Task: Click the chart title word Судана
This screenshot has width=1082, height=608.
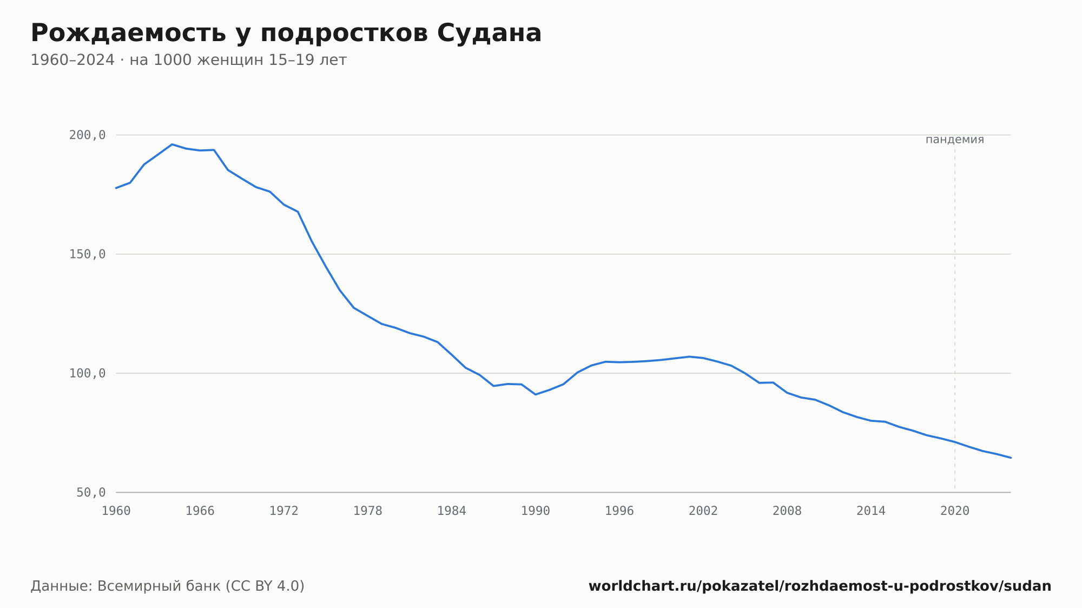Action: pos(489,33)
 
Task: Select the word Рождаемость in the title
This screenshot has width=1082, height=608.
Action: pos(128,34)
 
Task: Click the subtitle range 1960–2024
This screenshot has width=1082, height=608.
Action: pos(72,60)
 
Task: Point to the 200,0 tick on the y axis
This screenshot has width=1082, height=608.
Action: pos(87,135)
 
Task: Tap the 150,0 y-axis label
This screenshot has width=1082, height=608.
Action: pos(87,254)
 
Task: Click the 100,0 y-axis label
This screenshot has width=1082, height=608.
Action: pos(87,373)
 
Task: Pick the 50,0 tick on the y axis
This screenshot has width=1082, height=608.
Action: pos(91,492)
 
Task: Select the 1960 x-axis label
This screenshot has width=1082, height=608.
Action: pos(116,511)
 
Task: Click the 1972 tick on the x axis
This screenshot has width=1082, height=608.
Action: pos(284,511)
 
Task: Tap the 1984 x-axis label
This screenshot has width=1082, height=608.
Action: pos(452,511)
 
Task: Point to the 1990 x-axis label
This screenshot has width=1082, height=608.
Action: pos(536,511)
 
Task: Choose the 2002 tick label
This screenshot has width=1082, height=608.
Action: pos(703,511)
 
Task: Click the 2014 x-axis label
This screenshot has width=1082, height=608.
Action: pos(871,511)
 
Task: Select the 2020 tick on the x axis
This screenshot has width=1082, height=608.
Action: pos(955,511)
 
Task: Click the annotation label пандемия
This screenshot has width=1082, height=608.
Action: pos(955,140)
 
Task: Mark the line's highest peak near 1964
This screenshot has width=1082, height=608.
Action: pos(172,144)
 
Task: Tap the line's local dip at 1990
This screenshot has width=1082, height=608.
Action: pos(536,394)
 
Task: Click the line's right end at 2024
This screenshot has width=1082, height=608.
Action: pos(1011,458)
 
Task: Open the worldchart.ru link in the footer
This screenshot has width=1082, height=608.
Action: pos(820,586)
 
